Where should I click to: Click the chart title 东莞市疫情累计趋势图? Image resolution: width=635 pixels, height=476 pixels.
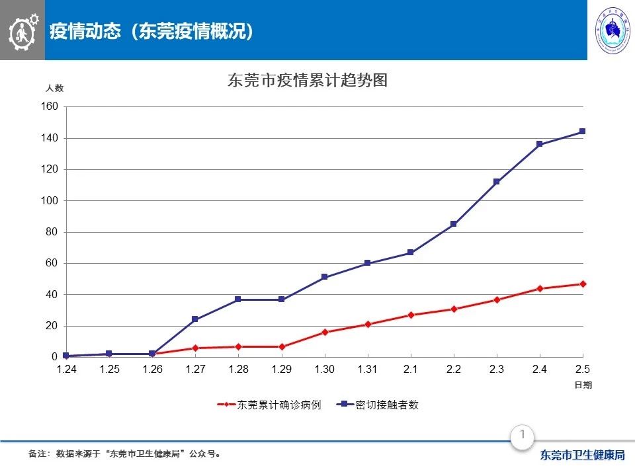[x=306, y=81]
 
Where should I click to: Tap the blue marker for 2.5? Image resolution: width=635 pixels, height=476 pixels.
[x=582, y=132]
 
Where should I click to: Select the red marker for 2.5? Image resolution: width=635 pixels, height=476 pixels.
[x=582, y=284]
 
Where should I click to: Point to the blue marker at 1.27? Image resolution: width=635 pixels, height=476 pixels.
[x=195, y=319]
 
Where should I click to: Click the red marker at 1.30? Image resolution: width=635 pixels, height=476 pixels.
[x=324, y=332]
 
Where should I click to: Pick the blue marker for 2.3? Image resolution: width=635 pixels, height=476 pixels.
[x=496, y=182]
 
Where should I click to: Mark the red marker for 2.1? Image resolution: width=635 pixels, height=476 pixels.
[x=410, y=315]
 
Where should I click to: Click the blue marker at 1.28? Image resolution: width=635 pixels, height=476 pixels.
[x=238, y=299]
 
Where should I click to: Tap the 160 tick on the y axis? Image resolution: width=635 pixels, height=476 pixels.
[x=52, y=107]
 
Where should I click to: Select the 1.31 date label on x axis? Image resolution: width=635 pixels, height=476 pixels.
[x=367, y=370]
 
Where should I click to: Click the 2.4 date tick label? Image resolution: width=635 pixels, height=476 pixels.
[x=540, y=370]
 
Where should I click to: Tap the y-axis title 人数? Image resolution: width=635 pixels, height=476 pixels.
[x=55, y=88]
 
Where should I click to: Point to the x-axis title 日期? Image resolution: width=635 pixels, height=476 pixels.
[x=582, y=384]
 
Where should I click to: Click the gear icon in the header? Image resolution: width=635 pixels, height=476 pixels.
[x=23, y=30]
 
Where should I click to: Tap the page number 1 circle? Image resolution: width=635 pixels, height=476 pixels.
[x=523, y=435]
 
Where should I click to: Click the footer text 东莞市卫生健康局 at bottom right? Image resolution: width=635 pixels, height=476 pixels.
[x=582, y=455]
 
